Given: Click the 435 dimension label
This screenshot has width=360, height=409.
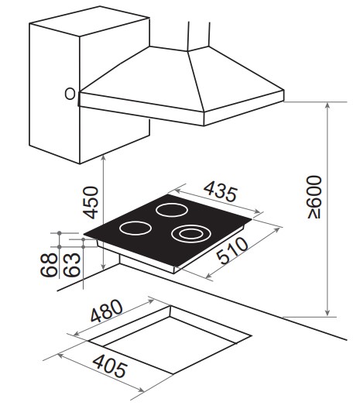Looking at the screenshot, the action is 221,192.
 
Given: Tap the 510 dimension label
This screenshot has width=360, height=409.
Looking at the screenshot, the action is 232,250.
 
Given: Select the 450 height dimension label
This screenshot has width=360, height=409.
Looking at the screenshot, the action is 91,202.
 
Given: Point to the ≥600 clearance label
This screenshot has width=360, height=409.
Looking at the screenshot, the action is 314,197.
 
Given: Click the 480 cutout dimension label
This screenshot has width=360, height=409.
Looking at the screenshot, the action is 106,311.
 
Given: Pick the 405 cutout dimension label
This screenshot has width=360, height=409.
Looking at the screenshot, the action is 110,366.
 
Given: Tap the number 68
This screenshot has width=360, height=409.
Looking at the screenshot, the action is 49,264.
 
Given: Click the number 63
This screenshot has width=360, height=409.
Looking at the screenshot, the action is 72,264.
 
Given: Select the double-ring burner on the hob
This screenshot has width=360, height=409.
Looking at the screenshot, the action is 190,234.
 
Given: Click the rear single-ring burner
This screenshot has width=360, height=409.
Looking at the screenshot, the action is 172,210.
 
